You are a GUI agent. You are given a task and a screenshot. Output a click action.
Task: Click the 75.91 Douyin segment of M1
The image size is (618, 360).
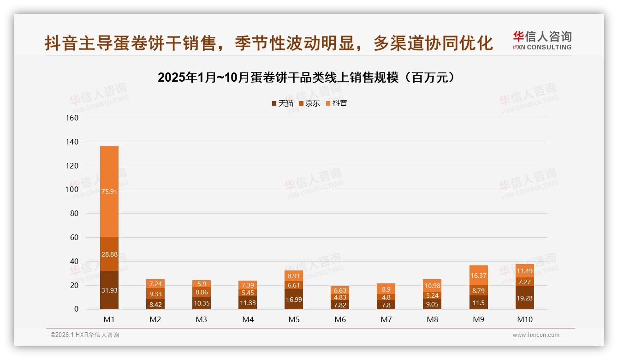[109, 191]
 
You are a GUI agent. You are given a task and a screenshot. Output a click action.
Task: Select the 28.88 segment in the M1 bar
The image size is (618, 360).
[109, 254]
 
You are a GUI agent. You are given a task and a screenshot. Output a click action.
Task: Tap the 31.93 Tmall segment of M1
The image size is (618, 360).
[109, 290]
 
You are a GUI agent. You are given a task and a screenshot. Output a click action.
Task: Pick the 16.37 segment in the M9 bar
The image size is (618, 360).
[479, 276]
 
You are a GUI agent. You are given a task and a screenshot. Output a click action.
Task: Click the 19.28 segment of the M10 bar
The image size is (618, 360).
[525, 298]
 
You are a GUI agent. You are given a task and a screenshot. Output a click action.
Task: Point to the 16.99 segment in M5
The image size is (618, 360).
[294, 299]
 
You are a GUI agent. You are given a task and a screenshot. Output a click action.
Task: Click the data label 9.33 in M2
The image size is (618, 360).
[155, 294]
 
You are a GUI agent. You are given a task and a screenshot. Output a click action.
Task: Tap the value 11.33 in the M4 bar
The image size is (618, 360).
[248, 303]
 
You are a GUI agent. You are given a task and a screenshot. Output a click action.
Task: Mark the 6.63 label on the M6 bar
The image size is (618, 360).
[340, 290]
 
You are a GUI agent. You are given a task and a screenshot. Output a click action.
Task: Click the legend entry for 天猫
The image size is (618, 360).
[283, 103]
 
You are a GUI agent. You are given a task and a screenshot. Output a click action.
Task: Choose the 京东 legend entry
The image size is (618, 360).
[309, 103]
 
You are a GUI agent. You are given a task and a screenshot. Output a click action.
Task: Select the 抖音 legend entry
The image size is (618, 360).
[337, 103]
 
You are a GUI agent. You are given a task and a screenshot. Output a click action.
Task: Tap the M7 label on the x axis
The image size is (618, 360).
[386, 319]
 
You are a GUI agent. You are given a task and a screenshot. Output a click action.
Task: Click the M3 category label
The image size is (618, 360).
[202, 319]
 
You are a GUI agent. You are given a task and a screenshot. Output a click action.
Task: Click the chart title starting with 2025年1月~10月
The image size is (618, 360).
[309, 78]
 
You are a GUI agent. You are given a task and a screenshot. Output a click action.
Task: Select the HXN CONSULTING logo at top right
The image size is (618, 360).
[542, 41]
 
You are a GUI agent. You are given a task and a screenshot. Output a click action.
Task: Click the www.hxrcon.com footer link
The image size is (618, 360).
[536, 335]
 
